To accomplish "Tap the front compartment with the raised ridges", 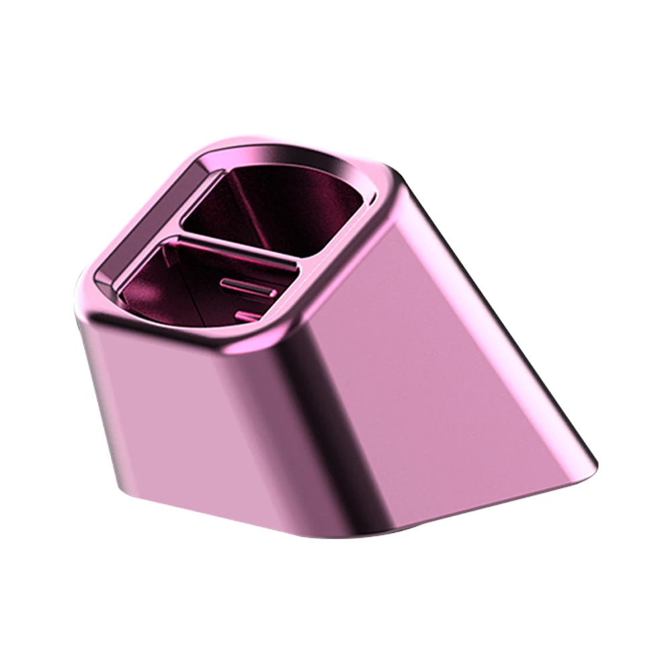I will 202,286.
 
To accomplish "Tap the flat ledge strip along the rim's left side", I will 151,222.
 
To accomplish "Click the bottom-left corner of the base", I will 124,487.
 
